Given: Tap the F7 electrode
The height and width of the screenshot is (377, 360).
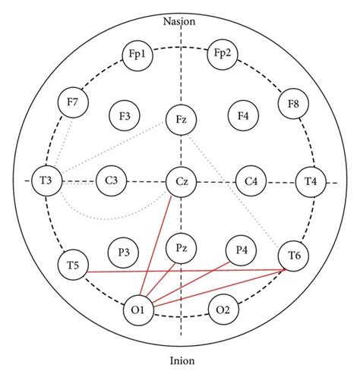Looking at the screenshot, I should [x=74, y=102].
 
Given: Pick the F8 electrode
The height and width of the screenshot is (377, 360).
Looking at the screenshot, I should [x=293, y=102].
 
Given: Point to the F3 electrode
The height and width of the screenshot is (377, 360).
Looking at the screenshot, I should [x=124, y=115].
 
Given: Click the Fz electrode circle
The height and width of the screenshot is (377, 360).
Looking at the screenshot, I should [x=182, y=119].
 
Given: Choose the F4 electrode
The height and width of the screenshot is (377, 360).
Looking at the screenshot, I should [x=243, y=115].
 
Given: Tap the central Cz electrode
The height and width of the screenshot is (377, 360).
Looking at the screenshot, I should [x=182, y=181].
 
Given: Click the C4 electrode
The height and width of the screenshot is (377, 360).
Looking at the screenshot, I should [x=250, y=181].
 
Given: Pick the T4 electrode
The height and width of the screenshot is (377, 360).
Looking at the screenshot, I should [x=311, y=181].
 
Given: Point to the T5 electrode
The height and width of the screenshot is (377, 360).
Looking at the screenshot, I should [x=74, y=264].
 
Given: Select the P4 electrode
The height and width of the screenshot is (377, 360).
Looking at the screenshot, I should [x=242, y=250].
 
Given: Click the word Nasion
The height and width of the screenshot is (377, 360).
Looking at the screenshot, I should [x=180, y=21].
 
